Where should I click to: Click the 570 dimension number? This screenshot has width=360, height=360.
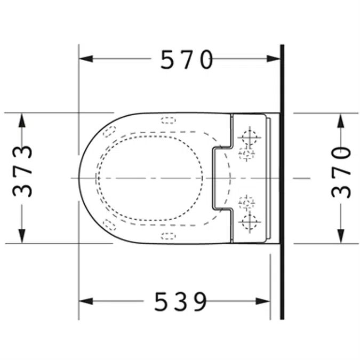[x=187, y=59]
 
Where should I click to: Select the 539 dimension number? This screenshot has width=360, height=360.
[x=180, y=301]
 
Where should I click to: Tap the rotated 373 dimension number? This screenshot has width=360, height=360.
[x=22, y=171]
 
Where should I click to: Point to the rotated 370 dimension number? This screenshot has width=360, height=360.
[x=341, y=172]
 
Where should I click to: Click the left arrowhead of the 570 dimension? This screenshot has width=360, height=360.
[x=86, y=59]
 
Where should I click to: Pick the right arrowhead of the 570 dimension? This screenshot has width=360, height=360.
[x=273, y=59]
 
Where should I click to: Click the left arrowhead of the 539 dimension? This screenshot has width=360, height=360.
[x=86, y=301]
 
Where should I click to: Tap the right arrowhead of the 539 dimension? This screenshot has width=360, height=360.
[x=263, y=301]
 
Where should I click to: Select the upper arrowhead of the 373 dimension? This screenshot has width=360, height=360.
[x=22, y=120]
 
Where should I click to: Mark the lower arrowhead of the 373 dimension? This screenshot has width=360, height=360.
[x=22, y=236]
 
